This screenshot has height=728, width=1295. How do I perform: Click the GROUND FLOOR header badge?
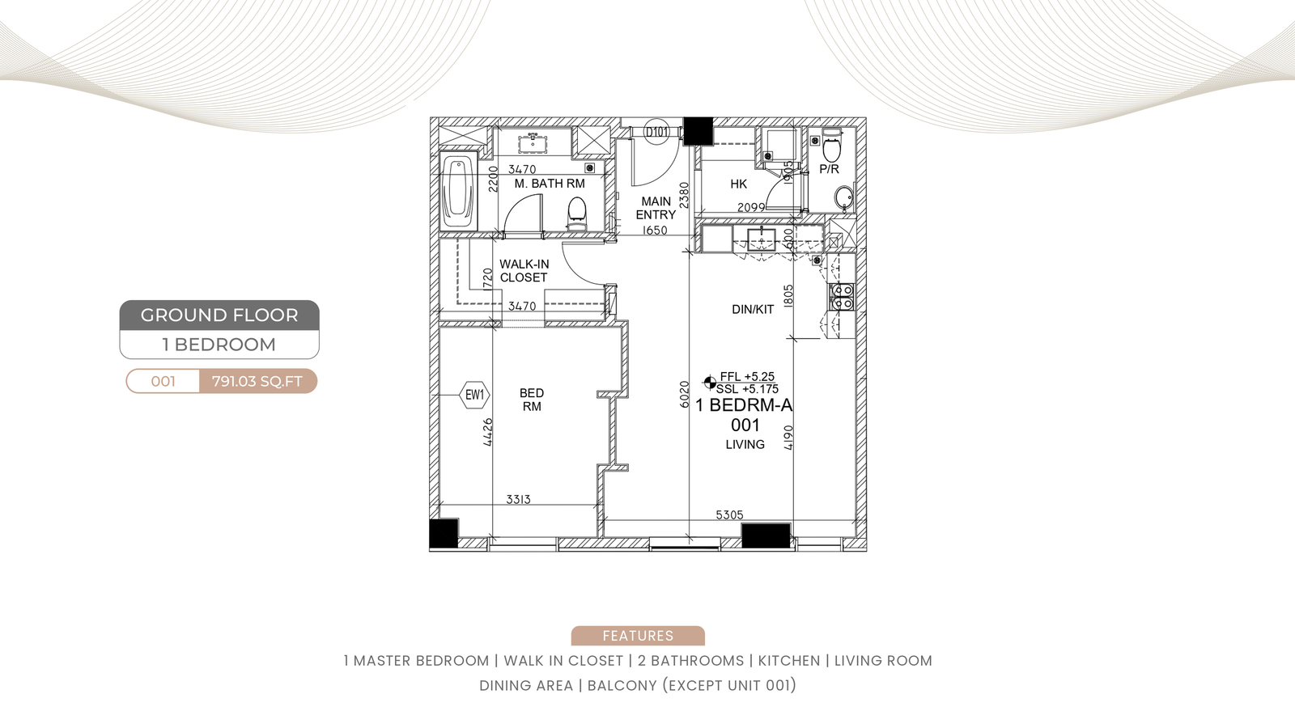(219, 315)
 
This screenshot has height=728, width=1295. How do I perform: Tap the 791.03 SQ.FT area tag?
(258, 381)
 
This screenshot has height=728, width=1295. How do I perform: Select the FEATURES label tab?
(638, 636)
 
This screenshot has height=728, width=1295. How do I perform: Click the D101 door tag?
(656, 133)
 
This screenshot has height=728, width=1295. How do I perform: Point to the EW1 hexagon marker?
(474, 396)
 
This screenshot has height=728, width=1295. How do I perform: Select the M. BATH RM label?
(550, 184)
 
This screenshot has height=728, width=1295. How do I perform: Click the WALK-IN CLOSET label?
(524, 271)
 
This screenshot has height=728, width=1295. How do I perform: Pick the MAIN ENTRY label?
(656, 208)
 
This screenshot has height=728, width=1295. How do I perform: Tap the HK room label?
(738, 184)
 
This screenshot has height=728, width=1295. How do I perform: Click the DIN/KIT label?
(753, 310)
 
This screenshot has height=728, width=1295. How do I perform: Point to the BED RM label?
(531, 400)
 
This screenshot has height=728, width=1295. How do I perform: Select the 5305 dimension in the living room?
(729, 514)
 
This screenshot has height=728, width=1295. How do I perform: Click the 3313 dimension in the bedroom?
(518, 499)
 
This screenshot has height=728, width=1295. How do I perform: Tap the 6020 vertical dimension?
(685, 395)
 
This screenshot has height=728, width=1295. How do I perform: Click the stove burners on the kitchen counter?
(842, 296)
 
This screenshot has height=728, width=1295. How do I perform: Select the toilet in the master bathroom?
(576, 214)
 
